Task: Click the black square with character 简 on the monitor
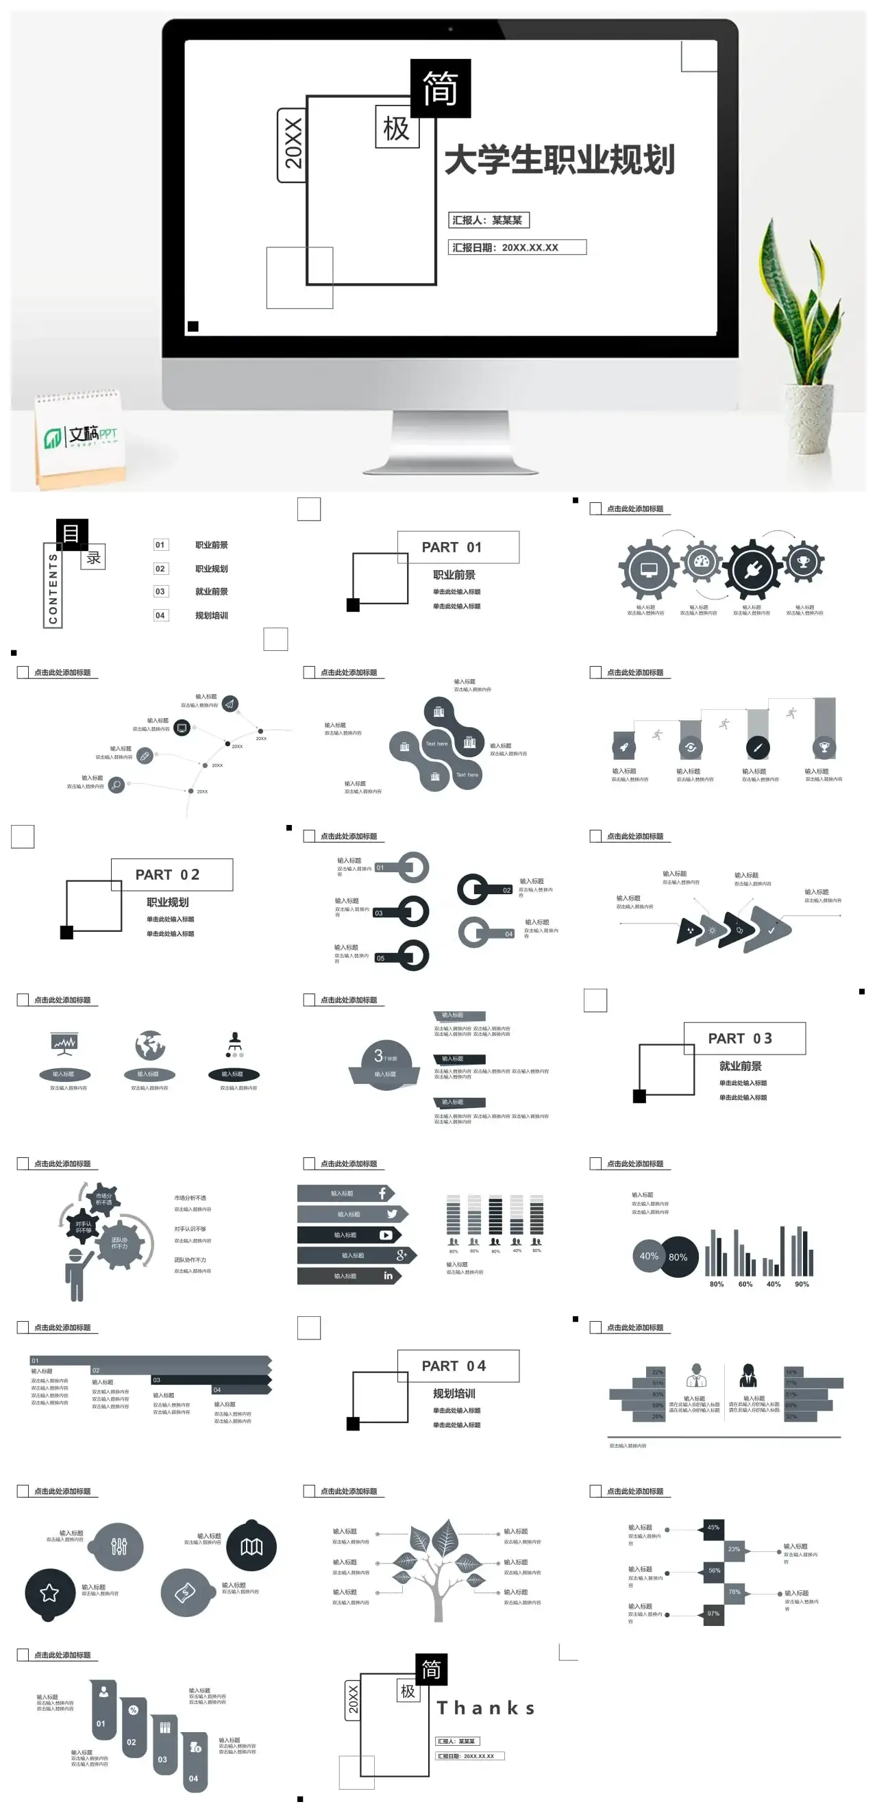coord(440,88)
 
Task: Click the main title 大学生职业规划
coord(560,160)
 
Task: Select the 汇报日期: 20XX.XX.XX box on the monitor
coord(517,247)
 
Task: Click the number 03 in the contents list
coord(160,592)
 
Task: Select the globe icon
coord(150,1045)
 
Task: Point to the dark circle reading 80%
coord(678,1257)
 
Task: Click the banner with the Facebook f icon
coord(345,1194)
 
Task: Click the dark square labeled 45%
coord(713,1528)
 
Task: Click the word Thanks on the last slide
coord(486,1708)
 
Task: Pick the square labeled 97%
coord(713,1614)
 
